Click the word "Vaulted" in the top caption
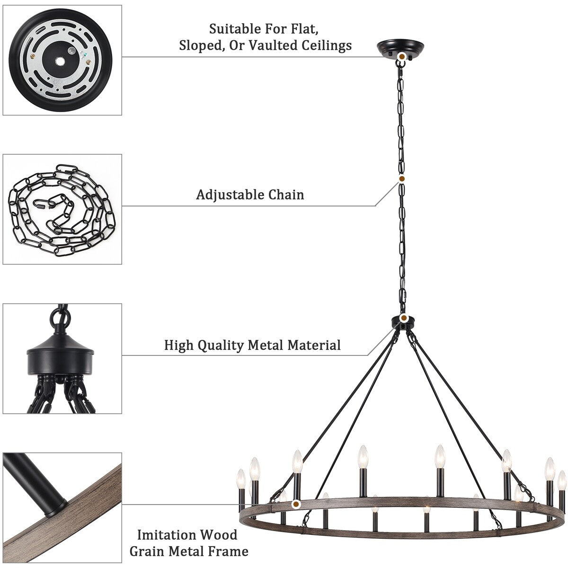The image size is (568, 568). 273,45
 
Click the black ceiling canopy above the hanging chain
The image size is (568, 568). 401,48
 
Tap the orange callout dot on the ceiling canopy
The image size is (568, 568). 401,56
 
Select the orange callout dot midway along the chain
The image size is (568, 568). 402,178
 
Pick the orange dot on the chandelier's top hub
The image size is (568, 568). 404,318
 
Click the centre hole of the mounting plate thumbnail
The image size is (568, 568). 60,62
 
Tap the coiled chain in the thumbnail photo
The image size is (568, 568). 62,210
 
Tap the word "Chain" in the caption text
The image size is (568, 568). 286,195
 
